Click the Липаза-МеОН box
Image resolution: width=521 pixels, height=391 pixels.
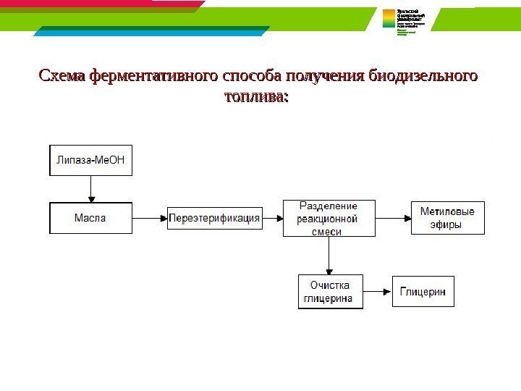pos(91,161)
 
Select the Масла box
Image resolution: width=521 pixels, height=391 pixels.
pos(90,218)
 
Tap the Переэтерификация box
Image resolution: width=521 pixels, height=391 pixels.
pos(214,218)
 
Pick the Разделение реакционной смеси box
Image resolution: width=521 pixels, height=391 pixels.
pos(329,218)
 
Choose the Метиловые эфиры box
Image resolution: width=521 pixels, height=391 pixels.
pos(447,218)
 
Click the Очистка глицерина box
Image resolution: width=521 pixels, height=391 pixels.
pos(330,292)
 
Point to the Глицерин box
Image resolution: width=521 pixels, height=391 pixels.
pos(423,292)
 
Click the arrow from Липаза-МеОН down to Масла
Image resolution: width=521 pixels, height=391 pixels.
pos(91,189)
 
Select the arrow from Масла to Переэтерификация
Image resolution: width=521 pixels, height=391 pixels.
pos(150,218)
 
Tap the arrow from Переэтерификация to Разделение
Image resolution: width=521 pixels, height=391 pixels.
pos(272,218)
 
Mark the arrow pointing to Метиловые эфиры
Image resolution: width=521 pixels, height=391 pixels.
pos(394,218)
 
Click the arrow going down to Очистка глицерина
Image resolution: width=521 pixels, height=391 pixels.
pos(330,255)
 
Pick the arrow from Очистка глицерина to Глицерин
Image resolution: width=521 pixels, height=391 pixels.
pos(377,292)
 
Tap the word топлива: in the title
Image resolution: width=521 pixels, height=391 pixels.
pos(257,96)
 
